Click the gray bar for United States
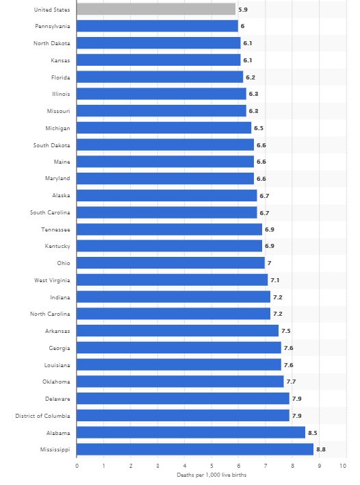pyautogui.click(x=156, y=9)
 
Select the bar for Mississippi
pyautogui.click(x=195, y=449)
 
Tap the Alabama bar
pyautogui.click(x=191, y=432)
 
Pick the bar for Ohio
pyautogui.click(x=170, y=262)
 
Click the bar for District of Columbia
pyautogui.click(x=183, y=415)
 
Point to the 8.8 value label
pyautogui.click(x=320, y=449)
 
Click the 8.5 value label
pyautogui.click(x=312, y=432)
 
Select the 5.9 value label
pyautogui.click(x=242, y=10)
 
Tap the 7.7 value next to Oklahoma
pyautogui.click(x=291, y=382)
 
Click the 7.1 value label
pyautogui.click(x=274, y=279)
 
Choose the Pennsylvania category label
pyautogui.click(x=52, y=26)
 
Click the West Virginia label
pyautogui.click(x=52, y=279)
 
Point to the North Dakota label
pyautogui.click(x=52, y=43)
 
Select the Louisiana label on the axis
pyautogui.click(x=56, y=364)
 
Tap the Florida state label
pyautogui.click(x=60, y=77)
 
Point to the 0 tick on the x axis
pyautogui.click(x=77, y=465)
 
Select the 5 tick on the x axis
pyautogui.click(x=211, y=465)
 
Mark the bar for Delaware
pyautogui.click(x=183, y=398)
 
